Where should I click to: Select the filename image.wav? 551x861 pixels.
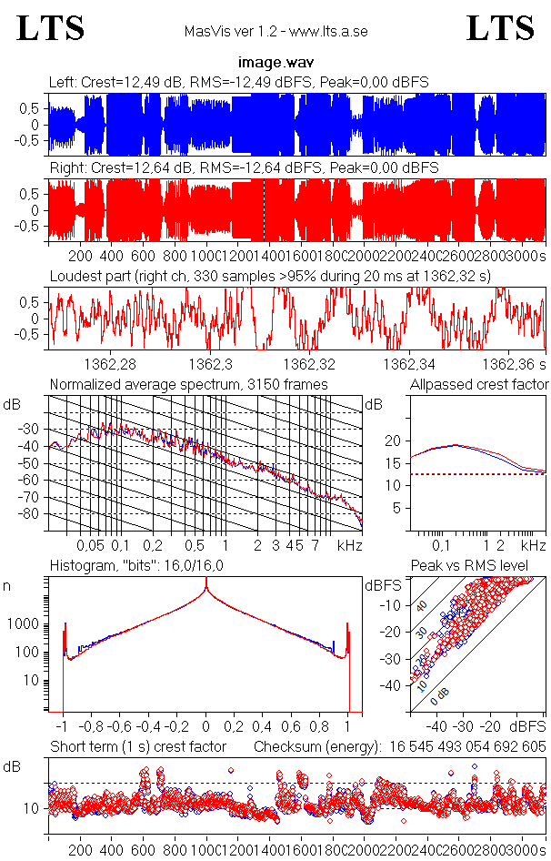point(275,63)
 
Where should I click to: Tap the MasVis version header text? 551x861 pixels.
point(275,31)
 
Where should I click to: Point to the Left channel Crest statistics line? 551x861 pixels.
point(239,82)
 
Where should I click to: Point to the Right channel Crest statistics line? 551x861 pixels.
point(244,168)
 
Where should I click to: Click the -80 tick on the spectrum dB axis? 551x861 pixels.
point(33,514)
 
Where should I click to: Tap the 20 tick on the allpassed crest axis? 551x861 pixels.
point(393,441)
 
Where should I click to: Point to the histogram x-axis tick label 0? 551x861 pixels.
point(206,727)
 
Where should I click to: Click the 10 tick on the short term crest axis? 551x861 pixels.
point(30,808)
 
